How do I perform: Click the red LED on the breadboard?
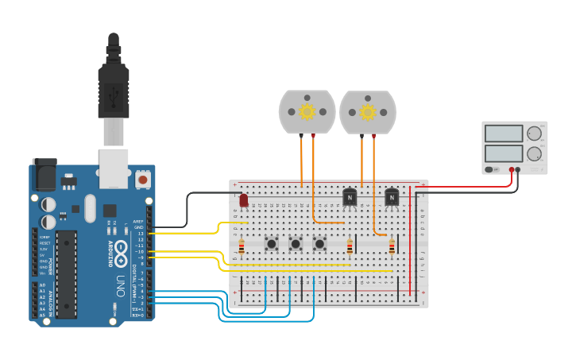(x=244, y=200)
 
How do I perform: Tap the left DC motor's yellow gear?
(x=307, y=112)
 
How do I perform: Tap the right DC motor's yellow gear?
(x=368, y=112)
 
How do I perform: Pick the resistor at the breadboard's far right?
(x=392, y=247)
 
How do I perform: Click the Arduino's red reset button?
(x=143, y=180)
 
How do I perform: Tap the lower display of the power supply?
(x=503, y=152)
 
